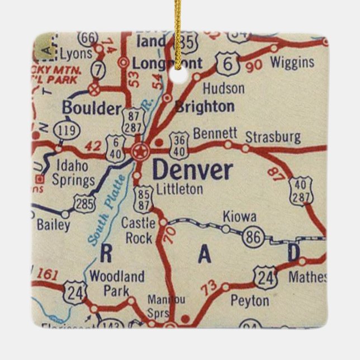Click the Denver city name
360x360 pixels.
pyautogui.click(x=192, y=170)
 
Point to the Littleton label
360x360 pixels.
pyautogui.click(x=179, y=190)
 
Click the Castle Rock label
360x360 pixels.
pyautogui.click(x=139, y=230)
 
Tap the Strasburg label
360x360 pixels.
pyautogui.click(x=273, y=137)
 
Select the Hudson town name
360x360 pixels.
pyautogui.click(x=223, y=88)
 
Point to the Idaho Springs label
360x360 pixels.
pyautogui.click(x=73, y=173)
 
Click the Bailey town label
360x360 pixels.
pyautogui.click(x=54, y=225)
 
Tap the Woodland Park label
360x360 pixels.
pyautogui.click(x=116, y=283)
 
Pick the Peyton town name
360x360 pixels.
pyautogui.click(x=249, y=301)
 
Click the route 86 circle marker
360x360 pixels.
pyautogui.click(x=253, y=238)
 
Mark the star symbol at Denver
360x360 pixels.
pyautogui.click(x=140, y=150)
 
